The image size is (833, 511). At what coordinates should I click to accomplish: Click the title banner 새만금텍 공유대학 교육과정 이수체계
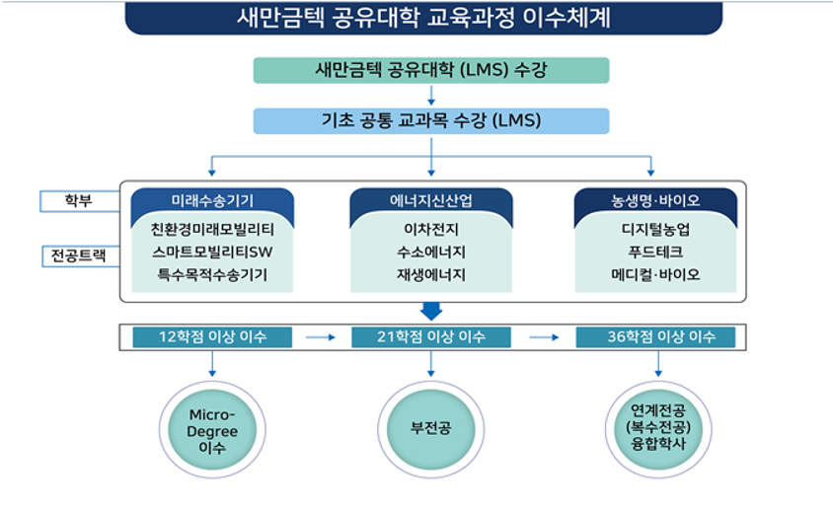(423, 17)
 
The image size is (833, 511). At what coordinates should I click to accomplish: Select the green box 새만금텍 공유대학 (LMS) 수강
(431, 70)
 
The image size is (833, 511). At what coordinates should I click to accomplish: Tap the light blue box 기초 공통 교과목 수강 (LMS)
(431, 120)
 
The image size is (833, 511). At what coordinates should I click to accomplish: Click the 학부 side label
(78, 200)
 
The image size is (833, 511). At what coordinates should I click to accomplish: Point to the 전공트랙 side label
(78, 256)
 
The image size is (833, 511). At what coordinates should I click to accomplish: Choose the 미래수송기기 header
(212, 200)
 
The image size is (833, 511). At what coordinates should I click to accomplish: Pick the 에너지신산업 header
(431, 200)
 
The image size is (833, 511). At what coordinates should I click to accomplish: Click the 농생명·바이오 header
(655, 200)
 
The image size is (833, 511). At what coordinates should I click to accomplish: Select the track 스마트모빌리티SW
(212, 252)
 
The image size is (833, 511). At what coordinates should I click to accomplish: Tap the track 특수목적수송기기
(212, 274)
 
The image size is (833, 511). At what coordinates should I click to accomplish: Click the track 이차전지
(431, 229)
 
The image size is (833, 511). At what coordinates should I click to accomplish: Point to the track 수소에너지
(431, 252)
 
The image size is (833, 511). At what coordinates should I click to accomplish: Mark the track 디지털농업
(655, 229)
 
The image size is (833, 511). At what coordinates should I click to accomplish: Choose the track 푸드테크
(655, 252)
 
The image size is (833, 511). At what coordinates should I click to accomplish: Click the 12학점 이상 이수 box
(212, 337)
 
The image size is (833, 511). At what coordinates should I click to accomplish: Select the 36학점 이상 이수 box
(655, 337)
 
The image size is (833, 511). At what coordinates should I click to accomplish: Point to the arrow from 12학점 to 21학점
(321, 337)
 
